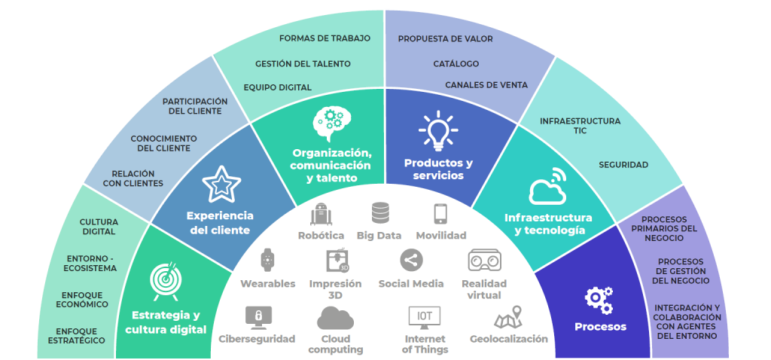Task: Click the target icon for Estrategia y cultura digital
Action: [x=165, y=278]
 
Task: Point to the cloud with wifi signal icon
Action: [x=548, y=188]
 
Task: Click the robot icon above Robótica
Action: [x=321, y=214]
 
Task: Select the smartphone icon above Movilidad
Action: [x=440, y=214]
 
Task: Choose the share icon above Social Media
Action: [x=410, y=261]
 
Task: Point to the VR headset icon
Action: [x=484, y=261]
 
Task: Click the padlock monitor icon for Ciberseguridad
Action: [x=258, y=316]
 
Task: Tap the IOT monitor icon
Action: [x=425, y=316]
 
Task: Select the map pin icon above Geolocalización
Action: [x=508, y=316]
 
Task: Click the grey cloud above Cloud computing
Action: [x=335, y=319]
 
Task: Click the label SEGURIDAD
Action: [x=623, y=165]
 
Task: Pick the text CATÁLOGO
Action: [x=456, y=64]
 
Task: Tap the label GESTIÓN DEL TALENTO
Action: [x=303, y=64]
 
